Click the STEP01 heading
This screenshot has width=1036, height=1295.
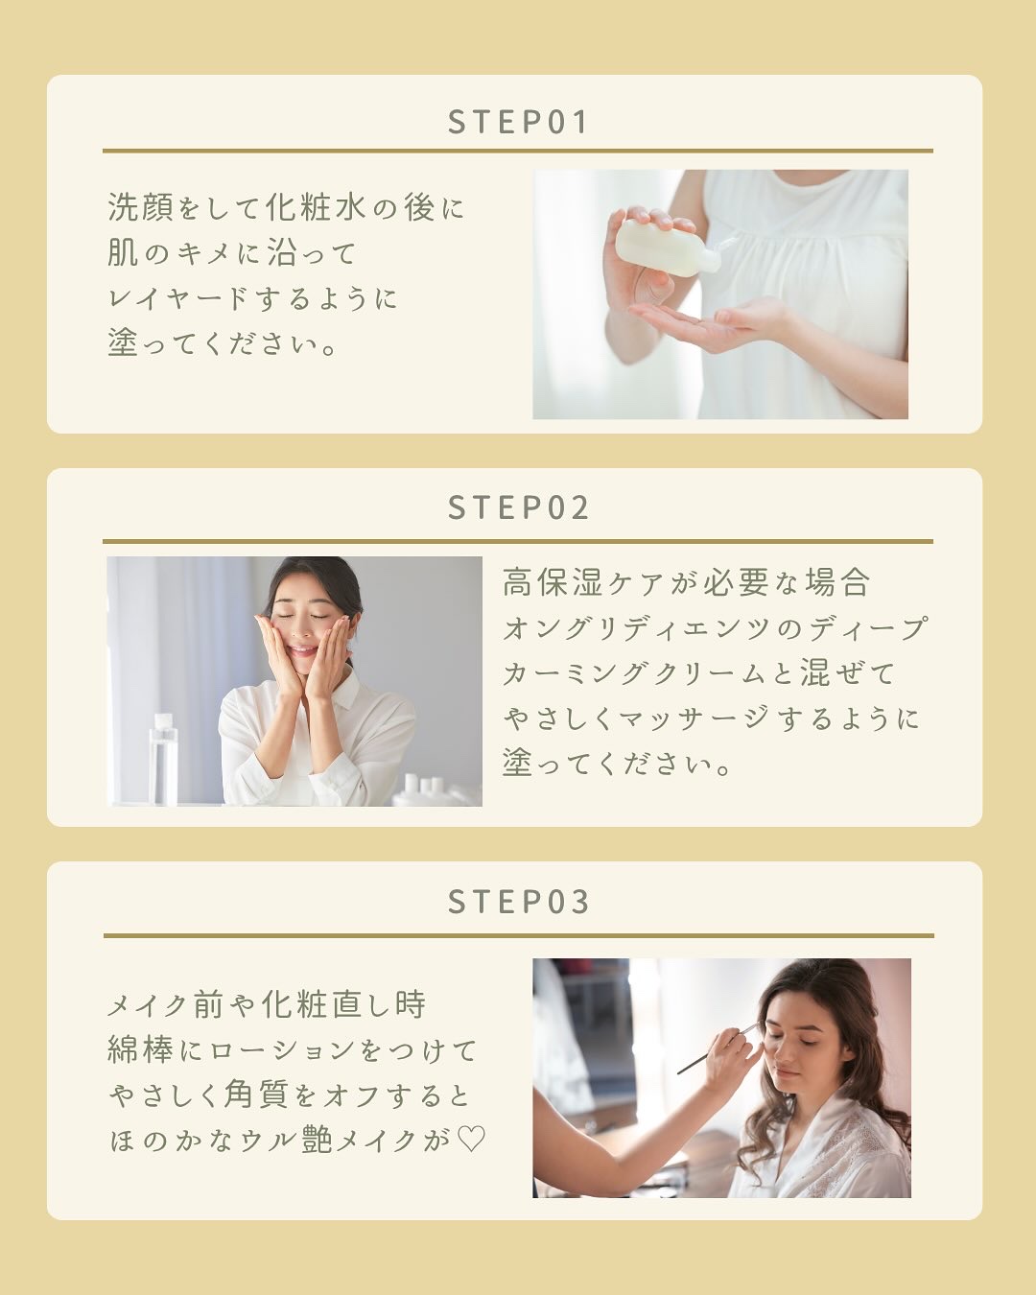(x=518, y=122)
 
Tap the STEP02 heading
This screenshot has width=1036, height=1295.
(x=518, y=507)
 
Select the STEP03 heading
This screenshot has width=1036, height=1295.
(x=518, y=901)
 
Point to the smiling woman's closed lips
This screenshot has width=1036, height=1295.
(x=304, y=650)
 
